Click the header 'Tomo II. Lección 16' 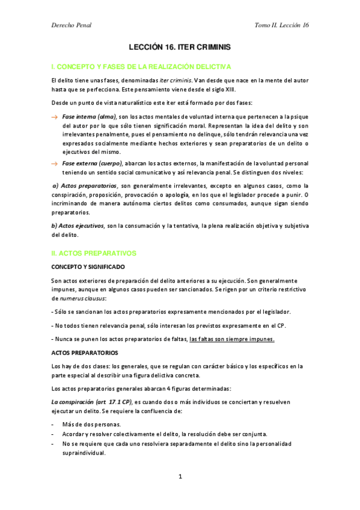282,25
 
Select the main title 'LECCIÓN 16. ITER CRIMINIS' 180,46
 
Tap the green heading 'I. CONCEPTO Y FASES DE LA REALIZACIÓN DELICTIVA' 141,66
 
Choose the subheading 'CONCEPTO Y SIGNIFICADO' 88,266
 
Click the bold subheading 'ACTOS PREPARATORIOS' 85,352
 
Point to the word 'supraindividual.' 84,454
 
